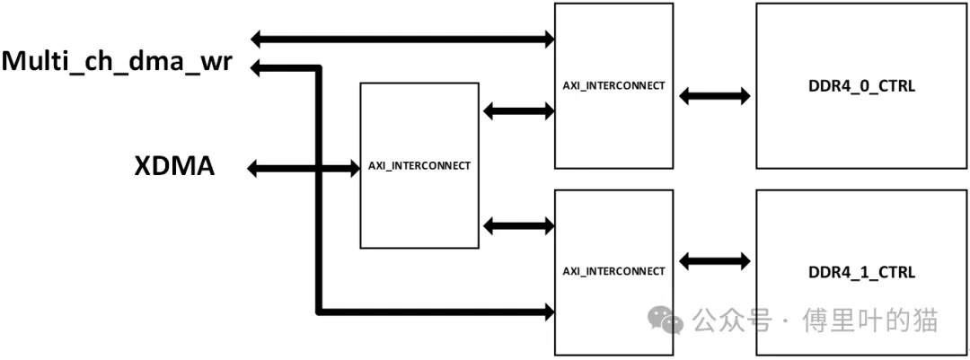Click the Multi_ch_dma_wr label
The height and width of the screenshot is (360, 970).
[x=117, y=63]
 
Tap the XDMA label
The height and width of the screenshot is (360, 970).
[x=174, y=166]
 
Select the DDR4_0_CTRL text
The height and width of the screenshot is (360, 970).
[x=861, y=86]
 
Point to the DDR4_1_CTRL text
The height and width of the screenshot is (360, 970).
[x=861, y=272]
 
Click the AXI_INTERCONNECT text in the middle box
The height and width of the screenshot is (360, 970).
[x=419, y=166]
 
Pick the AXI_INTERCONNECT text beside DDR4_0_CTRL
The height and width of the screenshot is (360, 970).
[x=613, y=85]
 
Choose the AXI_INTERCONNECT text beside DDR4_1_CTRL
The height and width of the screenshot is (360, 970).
[x=613, y=271]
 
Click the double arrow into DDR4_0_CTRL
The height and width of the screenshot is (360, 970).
[x=715, y=96]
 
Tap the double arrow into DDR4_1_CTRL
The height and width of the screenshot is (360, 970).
[x=715, y=261]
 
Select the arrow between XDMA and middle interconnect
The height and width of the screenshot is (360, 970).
[x=299, y=168]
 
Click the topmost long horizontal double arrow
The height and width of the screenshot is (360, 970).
[x=402, y=40]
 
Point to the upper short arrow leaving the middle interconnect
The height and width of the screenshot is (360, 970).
[x=518, y=111]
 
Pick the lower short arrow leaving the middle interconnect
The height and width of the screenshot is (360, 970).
[x=518, y=226]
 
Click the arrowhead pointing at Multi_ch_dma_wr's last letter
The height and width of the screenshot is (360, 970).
[x=259, y=68]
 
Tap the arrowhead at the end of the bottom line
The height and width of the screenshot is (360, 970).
[x=547, y=312]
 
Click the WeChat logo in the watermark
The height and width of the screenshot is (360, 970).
[x=665, y=320]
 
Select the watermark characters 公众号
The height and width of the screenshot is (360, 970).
[x=733, y=320]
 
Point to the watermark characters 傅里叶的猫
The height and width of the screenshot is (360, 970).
[x=870, y=320]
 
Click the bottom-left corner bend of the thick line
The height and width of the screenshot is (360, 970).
[x=319, y=312]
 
